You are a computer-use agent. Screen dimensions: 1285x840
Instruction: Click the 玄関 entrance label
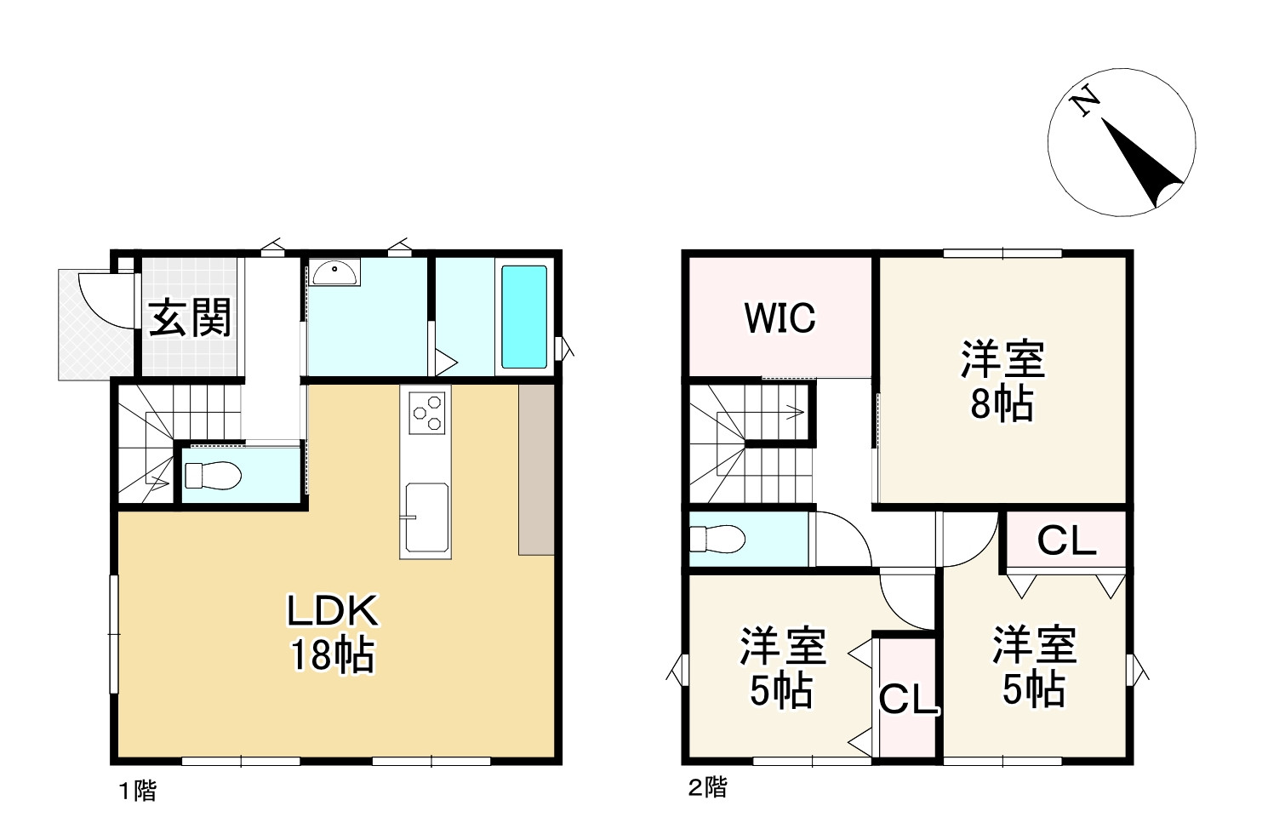coord(190,317)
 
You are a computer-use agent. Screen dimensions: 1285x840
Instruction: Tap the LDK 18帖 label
coord(333,633)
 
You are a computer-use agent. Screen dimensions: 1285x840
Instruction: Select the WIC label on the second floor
coord(780,317)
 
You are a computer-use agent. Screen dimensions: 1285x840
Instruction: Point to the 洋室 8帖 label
coord(1002,380)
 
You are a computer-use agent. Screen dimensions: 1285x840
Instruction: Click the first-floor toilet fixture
coord(213,476)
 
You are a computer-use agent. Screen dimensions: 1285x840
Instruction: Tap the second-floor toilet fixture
coord(717,539)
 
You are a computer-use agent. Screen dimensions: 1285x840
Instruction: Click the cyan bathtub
coord(523,317)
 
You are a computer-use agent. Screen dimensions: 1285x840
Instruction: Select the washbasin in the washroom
coord(334,272)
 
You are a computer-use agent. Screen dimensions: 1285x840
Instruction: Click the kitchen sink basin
coord(426,517)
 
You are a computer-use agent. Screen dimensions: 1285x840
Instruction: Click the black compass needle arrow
coord(1141,163)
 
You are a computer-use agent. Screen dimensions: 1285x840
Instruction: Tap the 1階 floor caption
coord(138,791)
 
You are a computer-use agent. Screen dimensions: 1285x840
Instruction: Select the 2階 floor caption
coord(707,787)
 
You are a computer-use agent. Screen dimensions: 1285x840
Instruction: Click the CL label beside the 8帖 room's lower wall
coord(1066,540)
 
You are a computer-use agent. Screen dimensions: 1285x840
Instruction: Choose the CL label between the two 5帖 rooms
coord(907,699)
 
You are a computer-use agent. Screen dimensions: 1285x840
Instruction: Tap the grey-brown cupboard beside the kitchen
coord(536,470)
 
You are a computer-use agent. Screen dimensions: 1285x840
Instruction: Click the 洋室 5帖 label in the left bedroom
coord(782,668)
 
